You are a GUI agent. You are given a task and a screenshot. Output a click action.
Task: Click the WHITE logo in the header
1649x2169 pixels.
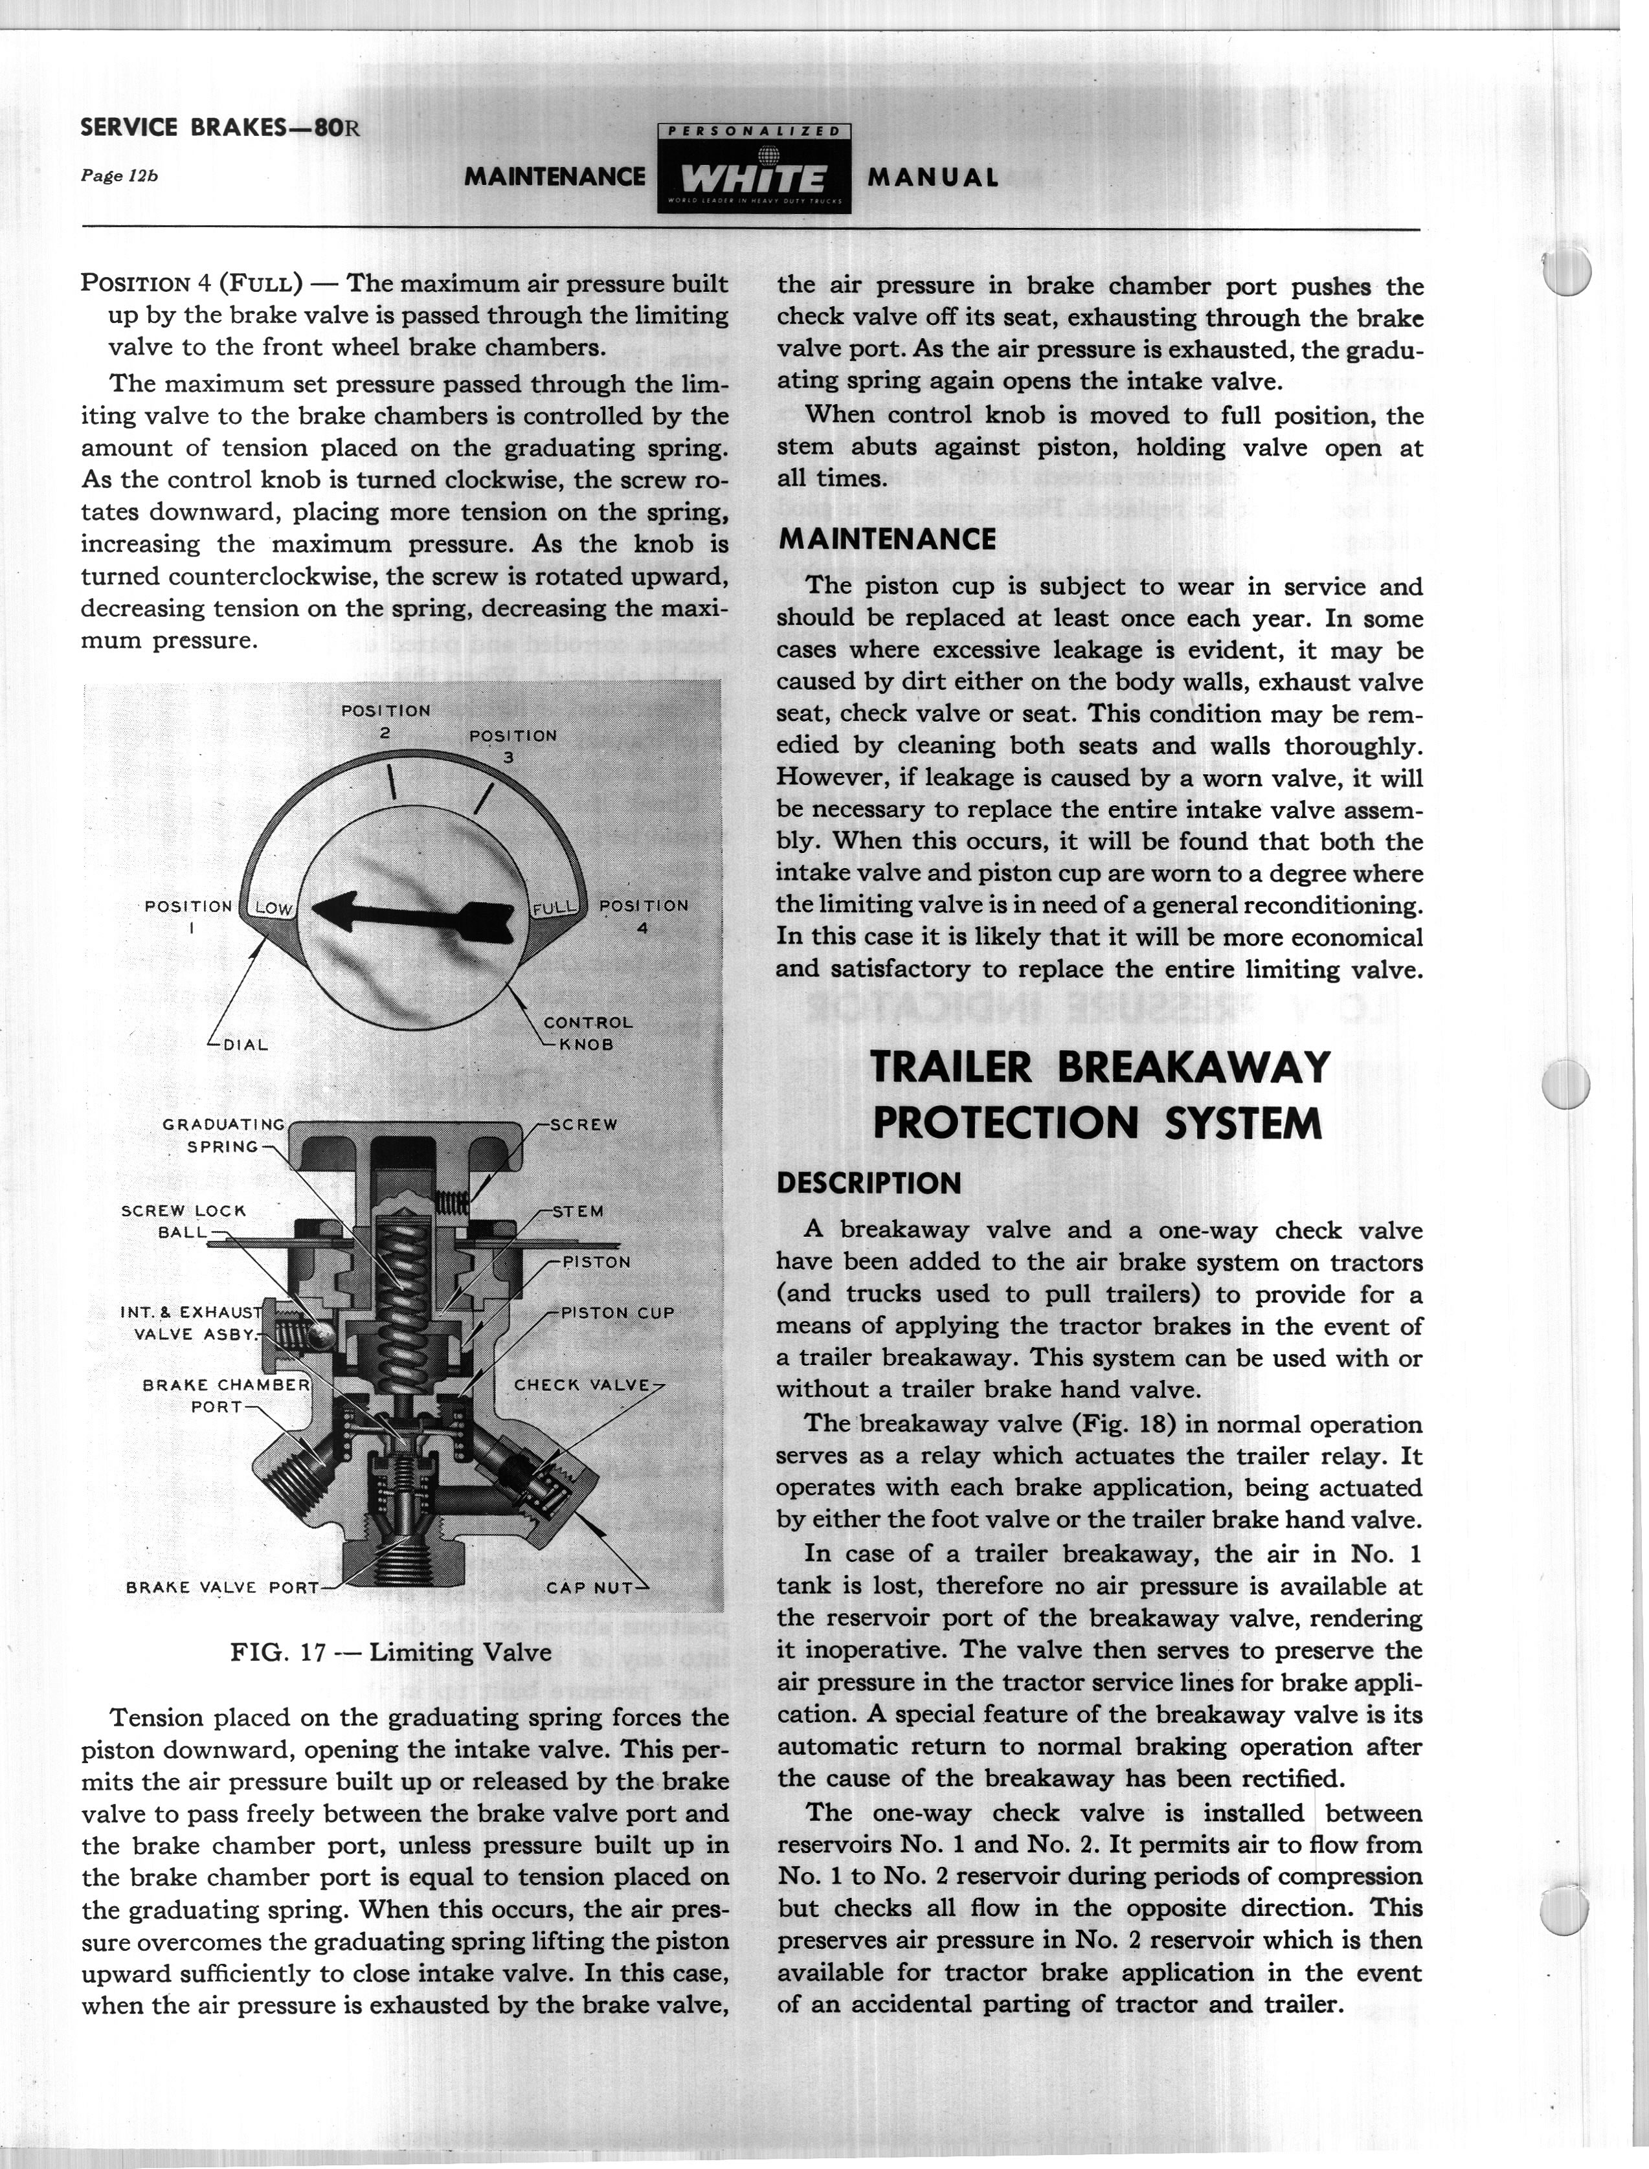pos(753,177)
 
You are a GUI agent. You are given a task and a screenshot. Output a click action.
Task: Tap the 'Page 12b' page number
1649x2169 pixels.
pos(118,175)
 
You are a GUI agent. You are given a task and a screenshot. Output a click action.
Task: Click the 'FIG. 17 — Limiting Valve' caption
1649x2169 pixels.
pos(390,1652)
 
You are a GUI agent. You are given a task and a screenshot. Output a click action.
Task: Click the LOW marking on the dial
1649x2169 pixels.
pos(274,909)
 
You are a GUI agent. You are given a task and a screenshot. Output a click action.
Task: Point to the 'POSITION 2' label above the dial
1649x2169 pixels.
pos(386,721)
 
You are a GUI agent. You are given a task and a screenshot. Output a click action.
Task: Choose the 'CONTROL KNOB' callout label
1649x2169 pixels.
pos(587,1032)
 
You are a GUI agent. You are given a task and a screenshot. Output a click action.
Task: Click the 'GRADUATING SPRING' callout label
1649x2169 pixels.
pos(224,1135)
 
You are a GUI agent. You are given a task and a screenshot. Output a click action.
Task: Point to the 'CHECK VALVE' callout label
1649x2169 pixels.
pos(582,1385)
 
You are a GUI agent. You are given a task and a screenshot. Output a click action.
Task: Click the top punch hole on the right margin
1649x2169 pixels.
pos(1567,270)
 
